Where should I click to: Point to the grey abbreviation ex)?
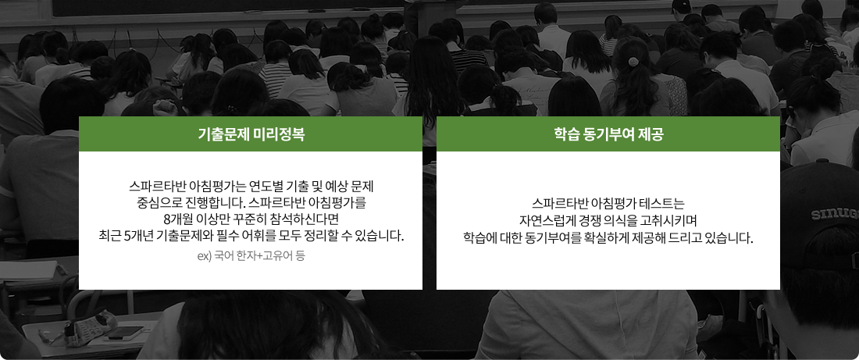click(x=205, y=256)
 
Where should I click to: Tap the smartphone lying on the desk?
click(x=126, y=332)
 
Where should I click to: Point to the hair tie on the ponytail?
click(x=634, y=60)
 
